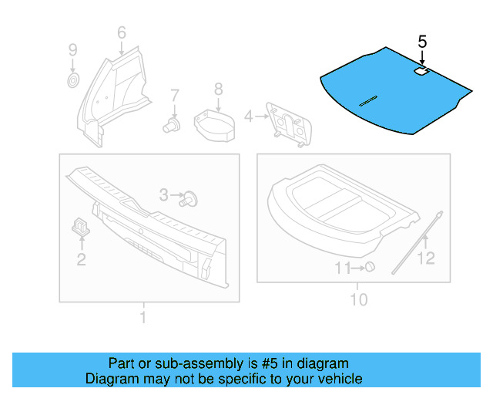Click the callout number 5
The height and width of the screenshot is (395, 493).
tap(422, 41)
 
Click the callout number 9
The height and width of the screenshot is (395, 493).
tap(72, 50)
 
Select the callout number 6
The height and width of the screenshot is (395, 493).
tap(121, 32)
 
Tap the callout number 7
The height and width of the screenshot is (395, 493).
tap(175, 96)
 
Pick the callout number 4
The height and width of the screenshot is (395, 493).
tap(248, 116)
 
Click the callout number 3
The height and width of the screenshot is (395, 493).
tap(163, 196)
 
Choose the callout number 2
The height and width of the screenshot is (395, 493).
tap(81, 259)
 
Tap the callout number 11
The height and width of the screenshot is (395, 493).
tap(342, 268)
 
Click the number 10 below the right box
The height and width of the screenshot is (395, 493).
tap(359, 299)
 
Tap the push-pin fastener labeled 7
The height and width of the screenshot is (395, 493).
tap(173, 124)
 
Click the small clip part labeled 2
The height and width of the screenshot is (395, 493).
tap(81, 225)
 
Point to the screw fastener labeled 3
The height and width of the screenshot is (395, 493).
tap(190, 199)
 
